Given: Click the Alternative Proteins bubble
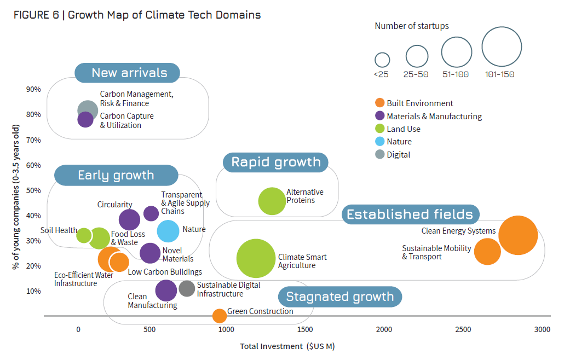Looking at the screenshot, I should tap(269, 201).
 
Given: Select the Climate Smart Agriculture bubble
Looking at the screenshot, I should tap(256, 259).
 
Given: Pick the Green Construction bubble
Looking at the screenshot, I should tap(219, 316).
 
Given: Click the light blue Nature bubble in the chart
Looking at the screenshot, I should tap(168, 230).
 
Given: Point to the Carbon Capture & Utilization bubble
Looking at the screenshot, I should tap(85, 119).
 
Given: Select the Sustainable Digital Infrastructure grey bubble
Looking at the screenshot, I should tap(187, 288).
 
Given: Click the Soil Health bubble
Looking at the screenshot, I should tap(84, 235).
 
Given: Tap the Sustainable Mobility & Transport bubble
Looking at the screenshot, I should tap(487, 252).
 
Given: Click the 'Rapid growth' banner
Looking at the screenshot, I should tap(275, 162).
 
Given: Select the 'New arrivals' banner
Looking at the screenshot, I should tap(129, 73).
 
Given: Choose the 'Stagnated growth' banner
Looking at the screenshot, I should tap(340, 297).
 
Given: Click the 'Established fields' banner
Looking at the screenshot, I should tap(410, 214).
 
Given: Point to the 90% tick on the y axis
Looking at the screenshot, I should tap(33, 89).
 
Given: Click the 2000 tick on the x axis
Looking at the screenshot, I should tap(384, 329).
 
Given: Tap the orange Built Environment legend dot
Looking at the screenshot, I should tap(379, 103).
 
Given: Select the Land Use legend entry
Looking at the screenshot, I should tap(403, 129).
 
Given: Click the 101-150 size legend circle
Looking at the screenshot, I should tap(501, 47).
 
